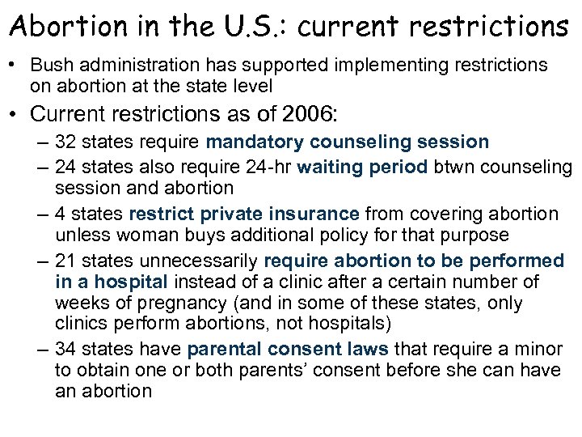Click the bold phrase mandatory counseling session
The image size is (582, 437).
(348, 142)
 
